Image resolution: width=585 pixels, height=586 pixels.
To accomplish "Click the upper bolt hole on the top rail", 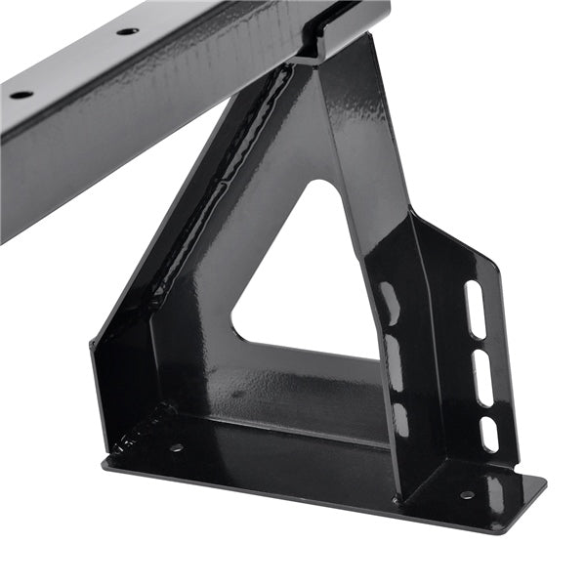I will point(127,31).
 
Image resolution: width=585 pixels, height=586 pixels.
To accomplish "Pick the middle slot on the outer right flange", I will point(482,377).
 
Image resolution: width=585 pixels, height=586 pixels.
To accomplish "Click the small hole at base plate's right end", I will point(467,495).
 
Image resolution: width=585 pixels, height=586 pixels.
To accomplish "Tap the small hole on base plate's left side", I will point(177,448).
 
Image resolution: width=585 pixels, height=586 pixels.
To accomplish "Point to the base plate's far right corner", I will point(543,481).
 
